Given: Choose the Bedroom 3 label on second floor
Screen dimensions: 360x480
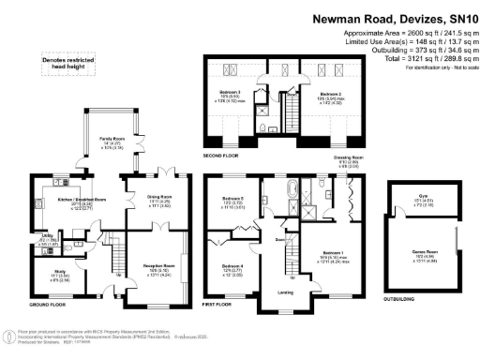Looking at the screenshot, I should (x=232, y=92).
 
